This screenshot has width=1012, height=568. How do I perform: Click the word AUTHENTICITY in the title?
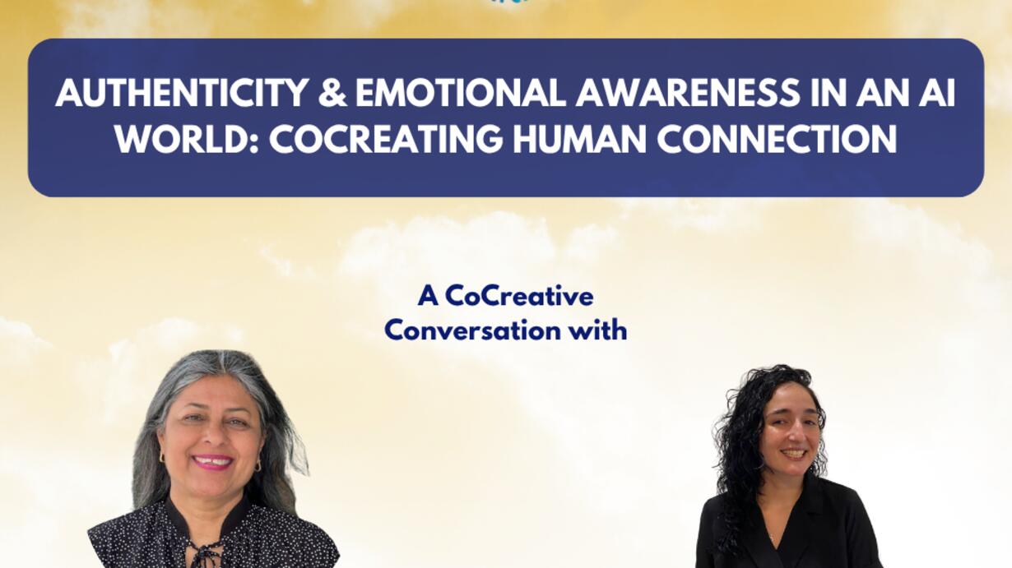182,93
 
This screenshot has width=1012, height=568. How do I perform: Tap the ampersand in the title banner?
332,93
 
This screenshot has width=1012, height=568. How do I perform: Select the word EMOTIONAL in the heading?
461,93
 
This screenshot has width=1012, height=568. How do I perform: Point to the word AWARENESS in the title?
688,93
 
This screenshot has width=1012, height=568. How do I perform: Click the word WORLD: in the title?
186,139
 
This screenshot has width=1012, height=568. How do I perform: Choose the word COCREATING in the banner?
386,139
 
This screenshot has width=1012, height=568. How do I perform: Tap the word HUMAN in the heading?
580,139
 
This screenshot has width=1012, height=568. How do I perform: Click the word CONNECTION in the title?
777,139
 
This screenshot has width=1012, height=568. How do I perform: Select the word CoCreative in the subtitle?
519,297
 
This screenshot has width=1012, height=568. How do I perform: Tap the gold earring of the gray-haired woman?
258,465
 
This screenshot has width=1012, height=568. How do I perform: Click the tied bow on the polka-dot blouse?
203,553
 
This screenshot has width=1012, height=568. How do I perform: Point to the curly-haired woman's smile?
794,453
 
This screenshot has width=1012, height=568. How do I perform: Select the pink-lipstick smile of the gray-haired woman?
212,461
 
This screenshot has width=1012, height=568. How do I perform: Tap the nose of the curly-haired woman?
796,433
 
